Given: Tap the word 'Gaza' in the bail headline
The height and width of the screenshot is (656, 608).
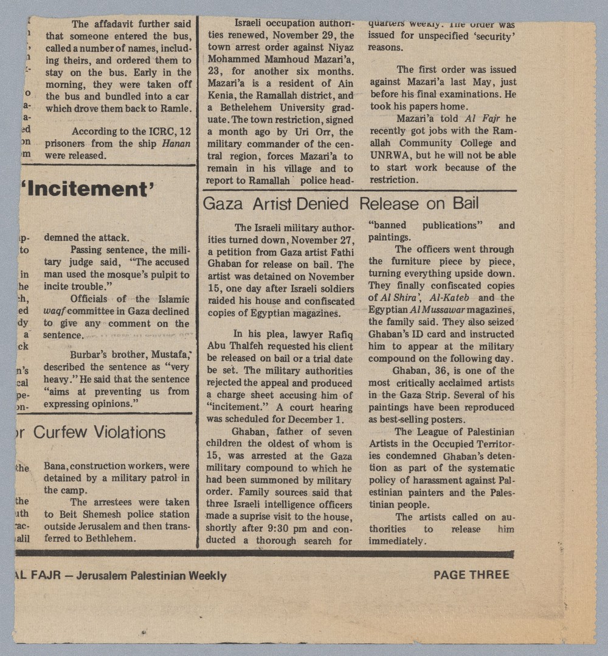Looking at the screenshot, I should [x=223, y=204].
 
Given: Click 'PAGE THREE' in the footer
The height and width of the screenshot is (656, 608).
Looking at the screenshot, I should [x=471, y=574].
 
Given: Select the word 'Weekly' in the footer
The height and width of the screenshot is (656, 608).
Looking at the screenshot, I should [x=207, y=576].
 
